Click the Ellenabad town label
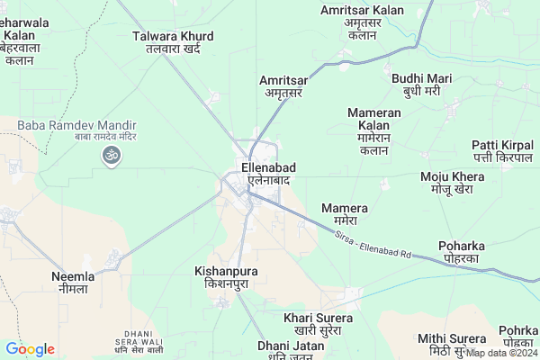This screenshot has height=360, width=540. (x=264, y=173)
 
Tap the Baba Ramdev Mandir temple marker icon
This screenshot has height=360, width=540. (x=112, y=156)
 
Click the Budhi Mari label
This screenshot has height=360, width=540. (x=421, y=85)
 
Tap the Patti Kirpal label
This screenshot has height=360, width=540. (x=502, y=152)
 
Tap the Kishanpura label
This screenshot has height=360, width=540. (x=226, y=276)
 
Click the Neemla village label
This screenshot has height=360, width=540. (x=73, y=283)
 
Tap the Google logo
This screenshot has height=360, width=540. (x=30, y=349)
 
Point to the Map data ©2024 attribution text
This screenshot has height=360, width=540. (x=500, y=353)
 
